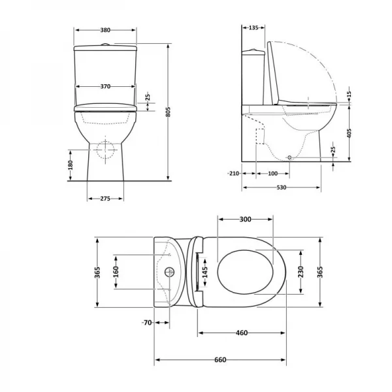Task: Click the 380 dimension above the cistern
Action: tap(105, 30)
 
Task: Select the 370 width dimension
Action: tap(105, 86)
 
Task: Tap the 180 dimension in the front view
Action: tap(70, 165)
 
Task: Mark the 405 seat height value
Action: tap(350, 133)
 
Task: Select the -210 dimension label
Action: tap(233, 173)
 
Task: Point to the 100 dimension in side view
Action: tap(272, 173)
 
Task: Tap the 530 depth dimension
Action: tap(282, 188)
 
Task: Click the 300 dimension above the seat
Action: tap(245, 220)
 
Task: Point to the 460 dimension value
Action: tap(241, 333)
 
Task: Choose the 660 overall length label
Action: tap(220, 361)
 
